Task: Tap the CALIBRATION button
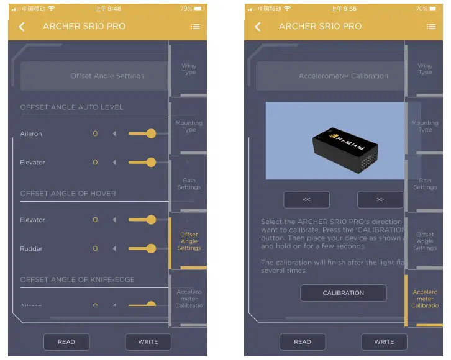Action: coord(344,293)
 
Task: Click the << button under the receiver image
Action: coord(306,200)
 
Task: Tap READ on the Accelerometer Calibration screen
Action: coord(303,341)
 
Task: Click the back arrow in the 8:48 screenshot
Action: coord(22,27)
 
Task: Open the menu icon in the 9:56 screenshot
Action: coord(431,27)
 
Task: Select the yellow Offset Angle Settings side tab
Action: coord(189,241)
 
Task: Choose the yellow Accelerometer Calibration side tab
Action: coord(425,299)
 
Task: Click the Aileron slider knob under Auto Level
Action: coord(151,133)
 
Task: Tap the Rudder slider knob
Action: coord(151,248)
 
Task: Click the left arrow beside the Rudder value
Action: coord(114,248)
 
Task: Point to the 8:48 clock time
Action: coord(109,9)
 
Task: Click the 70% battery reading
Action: coord(422,9)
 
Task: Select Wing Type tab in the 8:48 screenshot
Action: coord(189,68)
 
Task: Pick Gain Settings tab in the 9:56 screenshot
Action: coord(425,184)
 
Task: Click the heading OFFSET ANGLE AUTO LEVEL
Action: coord(72,107)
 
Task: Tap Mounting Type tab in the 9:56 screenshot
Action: coord(425,126)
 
